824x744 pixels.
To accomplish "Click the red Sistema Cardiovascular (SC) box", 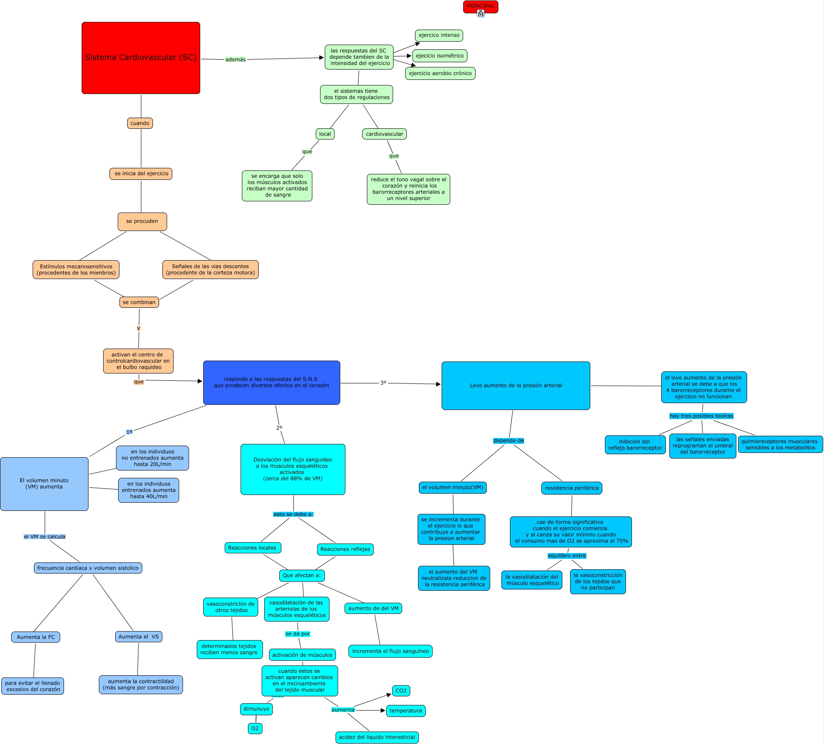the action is coord(141,58).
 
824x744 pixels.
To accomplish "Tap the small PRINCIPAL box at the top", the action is coord(480,7).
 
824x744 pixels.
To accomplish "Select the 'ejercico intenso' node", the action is coord(439,36).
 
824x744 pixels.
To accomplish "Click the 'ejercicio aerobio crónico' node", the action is coord(440,73).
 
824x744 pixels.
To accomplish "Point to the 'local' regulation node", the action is coord(325,134).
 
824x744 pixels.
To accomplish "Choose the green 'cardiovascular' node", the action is coord(385,134).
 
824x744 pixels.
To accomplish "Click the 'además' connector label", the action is coord(236,60).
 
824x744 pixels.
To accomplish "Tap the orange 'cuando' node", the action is coord(140,123).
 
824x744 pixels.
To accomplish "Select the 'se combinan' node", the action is coord(139,302).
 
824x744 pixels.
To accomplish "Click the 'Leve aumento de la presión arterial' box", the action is coord(516,386).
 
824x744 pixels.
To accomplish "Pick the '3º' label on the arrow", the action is coord(383,383).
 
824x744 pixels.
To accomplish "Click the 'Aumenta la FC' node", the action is coord(36,637).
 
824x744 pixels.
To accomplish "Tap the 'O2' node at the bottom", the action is coord(255,729).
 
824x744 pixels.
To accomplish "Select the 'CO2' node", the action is coord(401,691).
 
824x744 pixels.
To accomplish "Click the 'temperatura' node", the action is coord(406,711).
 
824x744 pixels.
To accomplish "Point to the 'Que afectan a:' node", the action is coord(302,576).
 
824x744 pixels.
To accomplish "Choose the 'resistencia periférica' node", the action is coord(572,488).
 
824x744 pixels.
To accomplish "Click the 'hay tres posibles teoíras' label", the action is coord(702,416).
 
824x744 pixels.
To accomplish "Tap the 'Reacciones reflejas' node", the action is coord(345,550).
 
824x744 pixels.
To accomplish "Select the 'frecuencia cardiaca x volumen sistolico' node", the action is coord(88,568).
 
